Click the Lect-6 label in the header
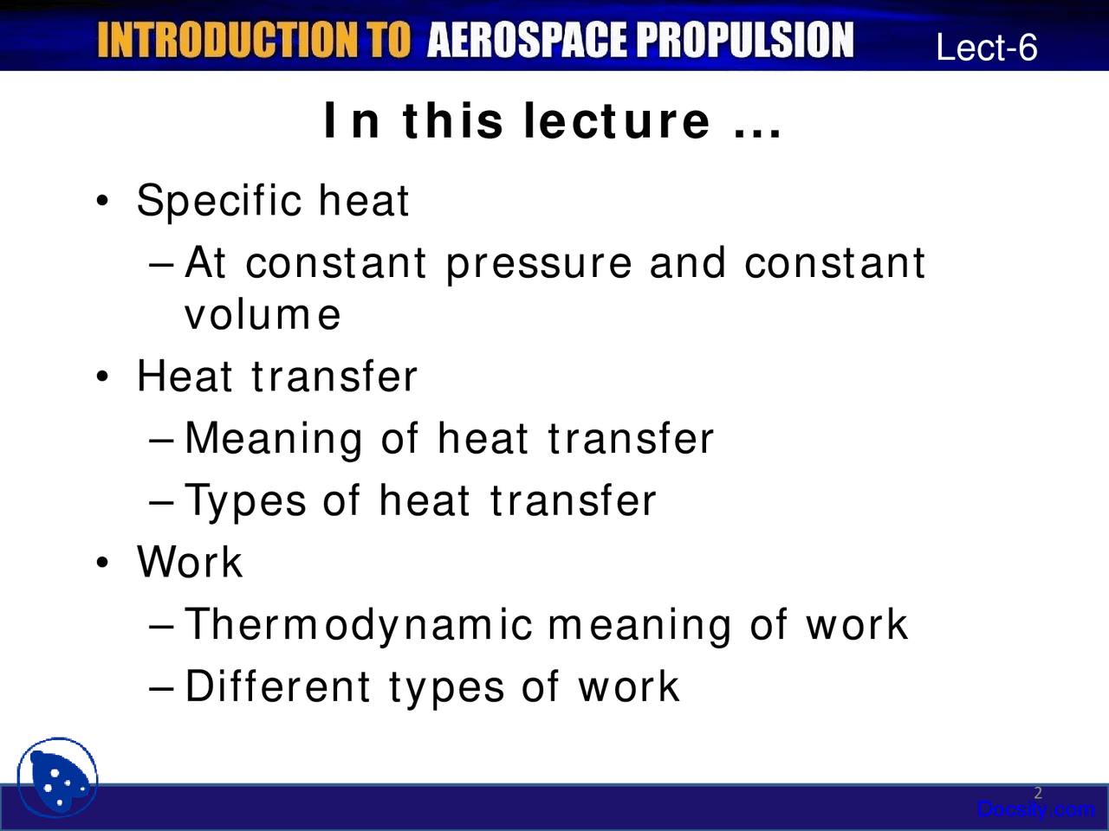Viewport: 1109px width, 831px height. pos(986,48)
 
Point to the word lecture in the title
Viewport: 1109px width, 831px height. pos(616,120)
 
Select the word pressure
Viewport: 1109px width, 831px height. pos(539,264)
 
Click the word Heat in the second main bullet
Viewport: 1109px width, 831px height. pos(185,377)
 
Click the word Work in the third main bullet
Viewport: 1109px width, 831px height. pos(190,562)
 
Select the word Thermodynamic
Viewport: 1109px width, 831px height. pos(359,625)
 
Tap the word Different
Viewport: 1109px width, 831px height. pos(278,687)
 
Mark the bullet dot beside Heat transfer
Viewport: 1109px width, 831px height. pos(103,377)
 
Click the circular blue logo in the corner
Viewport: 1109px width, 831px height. pos(57,777)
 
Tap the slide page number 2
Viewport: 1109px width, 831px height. pos(1038,793)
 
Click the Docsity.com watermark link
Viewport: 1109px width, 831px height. pos(1035,810)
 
